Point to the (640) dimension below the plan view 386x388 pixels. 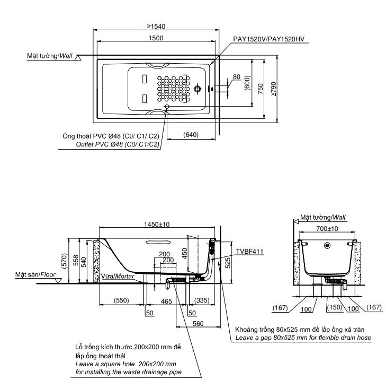[x=191, y=135]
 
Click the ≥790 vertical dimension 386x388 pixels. [x=273, y=91]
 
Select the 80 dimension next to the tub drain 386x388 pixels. [x=236, y=77]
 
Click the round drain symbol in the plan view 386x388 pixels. [x=198, y=89]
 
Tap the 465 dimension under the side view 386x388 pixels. [x=166, y=301]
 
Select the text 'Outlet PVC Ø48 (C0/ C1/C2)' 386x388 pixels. [x=110, y=144]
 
